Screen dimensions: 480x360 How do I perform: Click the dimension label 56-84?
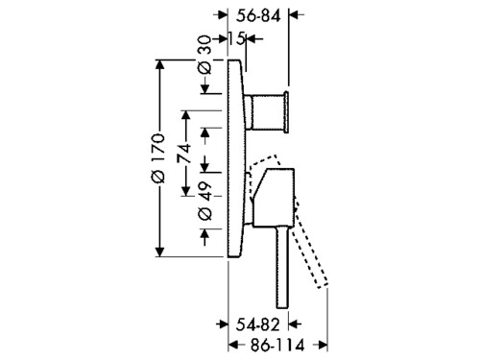(258, 15)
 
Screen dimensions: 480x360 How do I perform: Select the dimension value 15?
(236, 39)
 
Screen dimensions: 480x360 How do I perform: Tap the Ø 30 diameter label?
(205, 55)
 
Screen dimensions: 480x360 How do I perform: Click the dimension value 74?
(185, 154)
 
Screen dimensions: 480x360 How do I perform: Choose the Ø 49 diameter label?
(205, 202)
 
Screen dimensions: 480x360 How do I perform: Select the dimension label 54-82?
(257, 325)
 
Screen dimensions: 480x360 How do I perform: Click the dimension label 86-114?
(277, 346)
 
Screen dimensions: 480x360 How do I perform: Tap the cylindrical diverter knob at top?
(266, 112)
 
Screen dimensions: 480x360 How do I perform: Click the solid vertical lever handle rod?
(283, 267)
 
